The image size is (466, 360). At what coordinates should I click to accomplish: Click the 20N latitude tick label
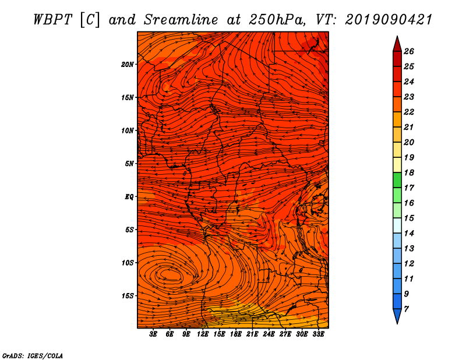click(x=128, y=65)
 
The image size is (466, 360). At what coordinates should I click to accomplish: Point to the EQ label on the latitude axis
click(x=129, y=197)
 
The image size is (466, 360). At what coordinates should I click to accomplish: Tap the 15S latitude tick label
click(x=128, y=296)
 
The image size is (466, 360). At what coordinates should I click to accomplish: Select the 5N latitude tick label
click(x=129, y=164)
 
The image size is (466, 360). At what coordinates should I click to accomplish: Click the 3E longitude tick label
click(x=153, y=334)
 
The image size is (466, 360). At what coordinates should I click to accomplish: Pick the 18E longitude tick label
click(x=236, y=334)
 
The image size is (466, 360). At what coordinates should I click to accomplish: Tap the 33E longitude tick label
click(x=318, y=334)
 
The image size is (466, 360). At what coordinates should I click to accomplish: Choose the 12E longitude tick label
click(x=203, y=334)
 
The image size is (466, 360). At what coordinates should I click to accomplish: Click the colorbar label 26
click(x=409, y=51)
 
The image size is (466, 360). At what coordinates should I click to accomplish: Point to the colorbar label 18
click(x=409, y=172)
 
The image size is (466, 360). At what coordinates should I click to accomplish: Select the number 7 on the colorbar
click(x=406, y=309)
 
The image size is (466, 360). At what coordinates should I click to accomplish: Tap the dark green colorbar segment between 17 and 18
click(x=397, y=180)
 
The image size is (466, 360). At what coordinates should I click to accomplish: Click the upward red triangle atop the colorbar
click(x=397, y=45)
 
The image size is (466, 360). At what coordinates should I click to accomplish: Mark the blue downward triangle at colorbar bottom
click(x=397, y=315)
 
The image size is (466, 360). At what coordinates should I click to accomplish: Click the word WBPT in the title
click(x=53, y=20)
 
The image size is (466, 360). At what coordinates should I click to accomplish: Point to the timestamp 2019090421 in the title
click(x=389, y=20)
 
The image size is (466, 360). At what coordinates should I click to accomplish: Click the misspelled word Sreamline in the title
click(x=181, y=20)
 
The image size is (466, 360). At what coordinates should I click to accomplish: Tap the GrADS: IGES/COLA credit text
click(x=33, y=356)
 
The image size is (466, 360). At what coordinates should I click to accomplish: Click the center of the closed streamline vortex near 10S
click(x=170, y=274)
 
